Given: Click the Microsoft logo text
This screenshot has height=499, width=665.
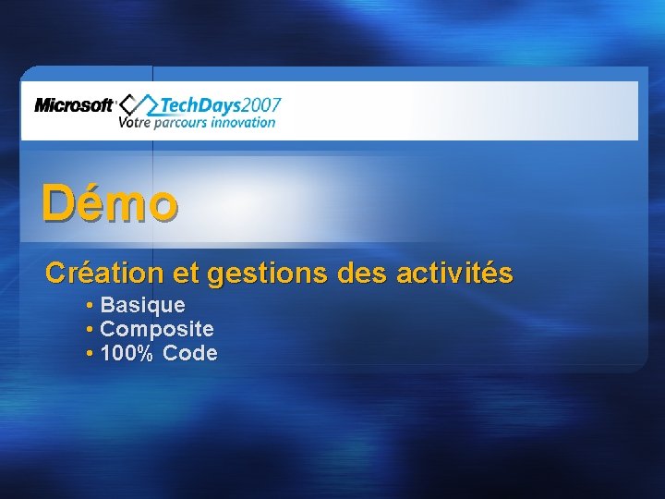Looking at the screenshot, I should pyautogui.click(x=74, y=105).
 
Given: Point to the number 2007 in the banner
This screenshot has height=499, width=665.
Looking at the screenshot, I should pyautogui.click(x=264, y=105).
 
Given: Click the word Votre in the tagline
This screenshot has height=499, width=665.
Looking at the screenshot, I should pyautogui.click(x=134, y=122).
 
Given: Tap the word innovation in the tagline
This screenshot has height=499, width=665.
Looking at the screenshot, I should pyautogui.click(x=244, y=122).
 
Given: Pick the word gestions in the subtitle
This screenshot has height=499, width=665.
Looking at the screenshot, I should pyautogui.click(x=260, y=274).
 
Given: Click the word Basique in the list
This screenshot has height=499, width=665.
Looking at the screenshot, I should pyautogui.click(x=142, y=305).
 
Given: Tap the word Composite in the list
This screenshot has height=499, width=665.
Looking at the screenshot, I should pyautogui.click(x=157, y=329).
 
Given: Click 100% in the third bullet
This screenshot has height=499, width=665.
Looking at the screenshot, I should pyautogui.click(x=126, y=353).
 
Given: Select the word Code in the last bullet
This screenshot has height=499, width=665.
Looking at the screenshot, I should pyautogui.click(x=190, y=353).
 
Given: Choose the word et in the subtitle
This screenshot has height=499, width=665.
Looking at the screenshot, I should pyautogui.click(x=187, y=274).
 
